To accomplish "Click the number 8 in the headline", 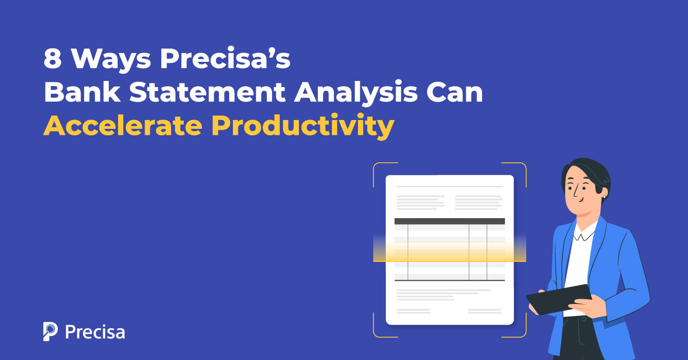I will (x=53, y=60).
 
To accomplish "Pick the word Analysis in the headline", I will (x=356, y=93).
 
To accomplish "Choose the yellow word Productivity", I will (x=303, y=127).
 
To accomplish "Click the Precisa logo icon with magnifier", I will (x=50, y=331).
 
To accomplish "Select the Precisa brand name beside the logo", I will (x=95, y=332).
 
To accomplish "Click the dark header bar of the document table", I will (x=450, y=221).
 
